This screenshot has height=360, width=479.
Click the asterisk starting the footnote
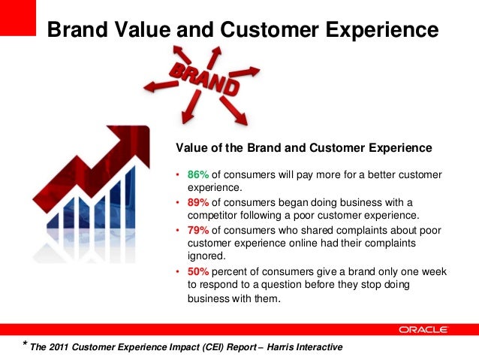[x=26, y=345]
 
